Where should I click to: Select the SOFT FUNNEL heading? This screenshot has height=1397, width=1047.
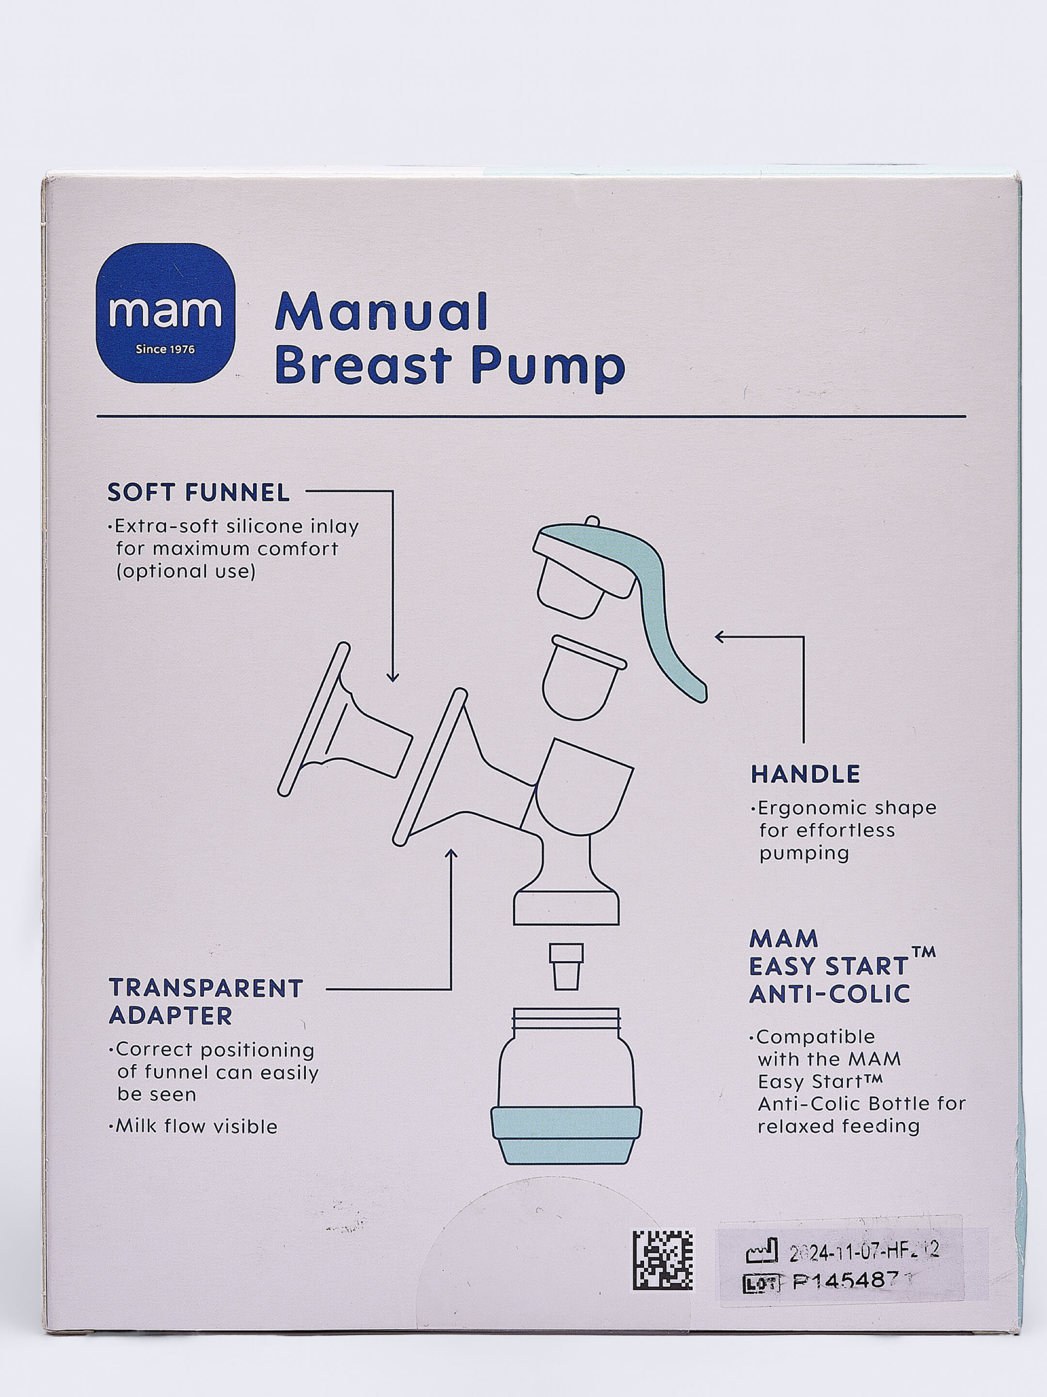point(198,493)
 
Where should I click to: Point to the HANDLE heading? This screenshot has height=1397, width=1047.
point(805,774)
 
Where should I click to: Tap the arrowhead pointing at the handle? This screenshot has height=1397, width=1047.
point(719,637)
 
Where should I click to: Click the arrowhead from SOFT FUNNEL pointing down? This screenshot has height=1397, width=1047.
point(393,677)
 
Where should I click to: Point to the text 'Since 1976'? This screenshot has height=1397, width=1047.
point(165,349)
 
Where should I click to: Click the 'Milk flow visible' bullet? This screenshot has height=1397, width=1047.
point(196,1127)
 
